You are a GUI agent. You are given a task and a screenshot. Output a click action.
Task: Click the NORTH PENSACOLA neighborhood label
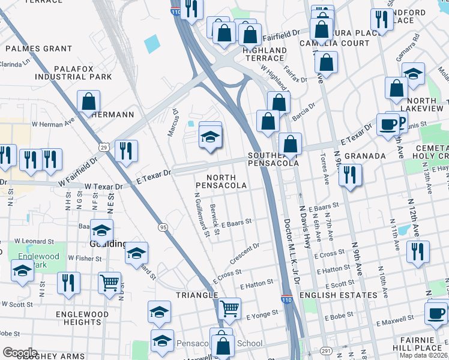[x=226, y=182]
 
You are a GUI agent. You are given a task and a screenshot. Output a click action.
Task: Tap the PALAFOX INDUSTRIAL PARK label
[x=73, y=73]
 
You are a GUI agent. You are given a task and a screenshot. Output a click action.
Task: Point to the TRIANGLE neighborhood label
[x=197, y=295]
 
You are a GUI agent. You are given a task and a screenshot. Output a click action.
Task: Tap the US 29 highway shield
[x=104, y=147]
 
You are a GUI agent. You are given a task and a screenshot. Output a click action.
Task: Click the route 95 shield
[x=163, y=227]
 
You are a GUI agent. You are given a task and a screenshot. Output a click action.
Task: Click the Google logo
[x=20, y=353]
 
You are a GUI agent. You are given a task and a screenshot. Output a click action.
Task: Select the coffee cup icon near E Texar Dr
[x=388, y=125]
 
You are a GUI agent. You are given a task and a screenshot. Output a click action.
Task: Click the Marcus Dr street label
[x=173, y=122]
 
